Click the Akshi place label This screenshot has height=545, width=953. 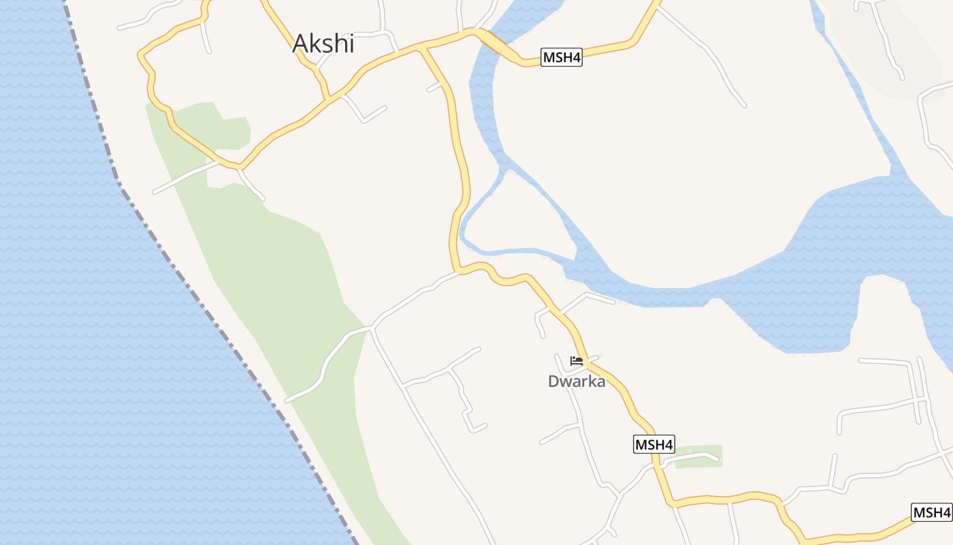click(x=323, y=44)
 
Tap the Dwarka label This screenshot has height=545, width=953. click(x=577, y=381)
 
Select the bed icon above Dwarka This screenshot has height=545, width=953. click(x=577, y=361)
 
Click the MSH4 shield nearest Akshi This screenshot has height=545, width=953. click(x=562, y=57)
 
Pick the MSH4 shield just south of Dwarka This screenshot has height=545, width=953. click(x=653, y=445)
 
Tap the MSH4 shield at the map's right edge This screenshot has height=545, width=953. click(x=931, y=512)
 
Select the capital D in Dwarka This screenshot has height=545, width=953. click(x=554, y=381)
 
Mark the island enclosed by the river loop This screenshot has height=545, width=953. click(x=517, y=211)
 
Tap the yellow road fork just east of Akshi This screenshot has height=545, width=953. click(x=422, y=48)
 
